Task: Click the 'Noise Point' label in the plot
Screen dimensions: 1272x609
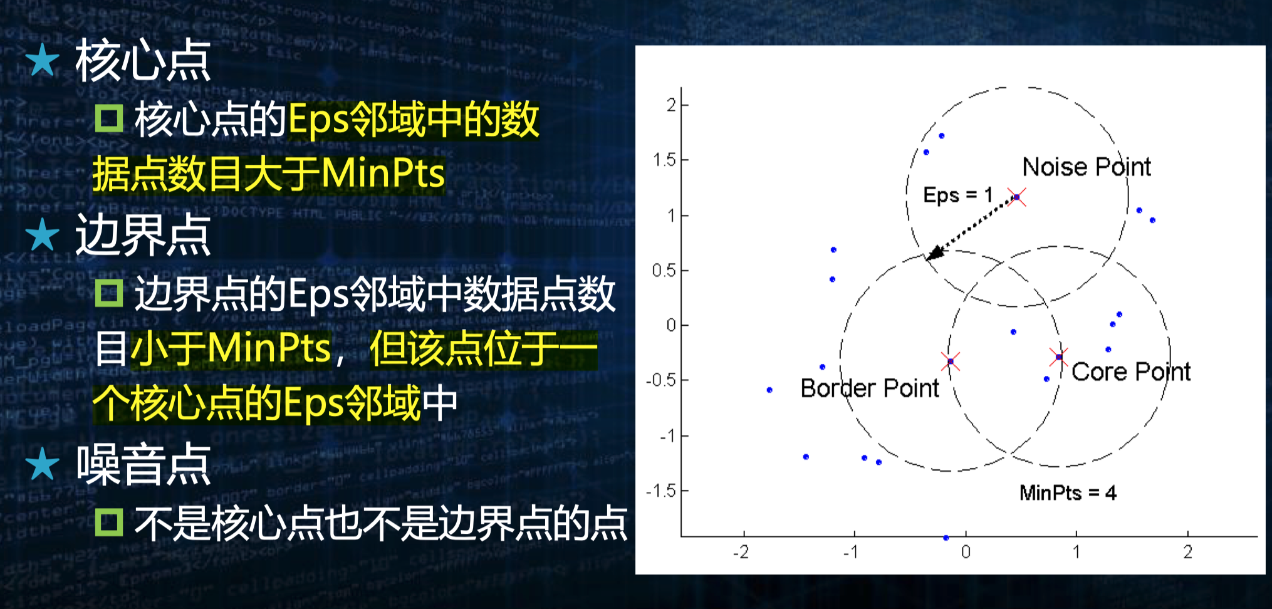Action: click(x=1087, y=167)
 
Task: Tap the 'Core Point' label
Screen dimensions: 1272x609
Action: click(x=1131, y=372)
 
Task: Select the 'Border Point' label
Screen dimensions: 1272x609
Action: click(x=870, y=388)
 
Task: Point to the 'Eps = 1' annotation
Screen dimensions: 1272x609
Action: click(x=957, y=195)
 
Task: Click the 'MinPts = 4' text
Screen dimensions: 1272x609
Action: click(x=1068, y=492)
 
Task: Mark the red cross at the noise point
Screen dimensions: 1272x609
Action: click(x=1016, y=197)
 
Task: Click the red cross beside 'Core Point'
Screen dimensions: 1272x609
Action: click(x=1059, y=357)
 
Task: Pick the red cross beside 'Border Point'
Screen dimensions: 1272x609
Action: click(x=951, y=362)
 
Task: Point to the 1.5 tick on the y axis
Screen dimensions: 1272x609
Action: click(x=684, y=160)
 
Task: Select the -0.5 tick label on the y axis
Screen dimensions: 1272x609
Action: click(x=661, y=380)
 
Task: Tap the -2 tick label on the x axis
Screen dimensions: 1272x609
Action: click(x=741, y=552)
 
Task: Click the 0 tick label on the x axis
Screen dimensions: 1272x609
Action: click(x=966, y=552)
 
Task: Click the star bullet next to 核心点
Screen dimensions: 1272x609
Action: click(x=43, y=60)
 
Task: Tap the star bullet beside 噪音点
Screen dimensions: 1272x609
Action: click(x=43, y=464)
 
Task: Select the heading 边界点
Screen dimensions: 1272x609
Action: click(x=143, y=235)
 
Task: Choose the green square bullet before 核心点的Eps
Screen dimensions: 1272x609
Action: click(x=109, y=118)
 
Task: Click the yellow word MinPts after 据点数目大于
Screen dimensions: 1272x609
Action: click(x=383, y=174)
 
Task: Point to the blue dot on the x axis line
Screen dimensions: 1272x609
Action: click(x=946, y=538)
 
